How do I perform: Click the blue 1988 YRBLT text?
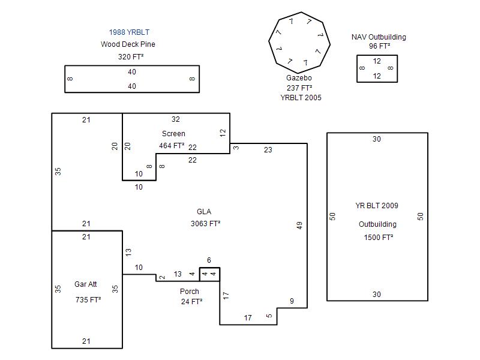[x=129, y=32]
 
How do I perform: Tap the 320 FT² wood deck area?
[x=131, y=57]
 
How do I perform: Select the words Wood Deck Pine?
[x=128, y=44]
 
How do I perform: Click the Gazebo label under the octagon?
[x=299, y=78]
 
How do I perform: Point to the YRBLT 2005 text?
[x=301, y=97]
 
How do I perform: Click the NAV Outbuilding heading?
[x=379, y=37]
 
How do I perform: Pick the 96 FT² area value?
[x=380, y=46]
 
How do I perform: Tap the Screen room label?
[x=173, y=134]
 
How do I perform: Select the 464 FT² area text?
[x=172, y=146]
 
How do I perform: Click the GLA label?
[x=204, y=212]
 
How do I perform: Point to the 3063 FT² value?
[x=205, y=224]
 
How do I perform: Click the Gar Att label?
[x=86, y=284]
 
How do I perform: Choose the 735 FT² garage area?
[x=88, y=299]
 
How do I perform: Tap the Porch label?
[x=190, y=292]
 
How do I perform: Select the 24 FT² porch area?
[x=191, y=302]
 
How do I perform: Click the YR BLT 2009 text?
[x=377, y=206]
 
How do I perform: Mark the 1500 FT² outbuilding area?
[x=379, y=238]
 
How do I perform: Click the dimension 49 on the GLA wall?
[x=299, y=226]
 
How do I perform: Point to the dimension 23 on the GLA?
[x=268, y=150]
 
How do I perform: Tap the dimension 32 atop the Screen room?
[x=176, y=119]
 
